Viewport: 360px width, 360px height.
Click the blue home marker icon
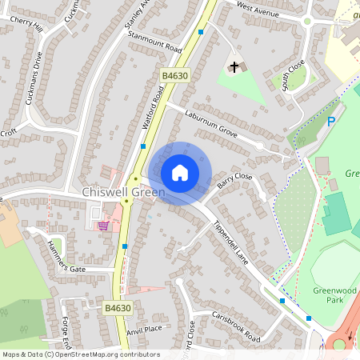[x=180, y=173]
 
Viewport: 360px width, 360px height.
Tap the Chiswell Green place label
[x=123, y=193]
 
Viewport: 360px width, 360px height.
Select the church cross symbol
[x=235, y=67]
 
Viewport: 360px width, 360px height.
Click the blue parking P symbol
[x=330, y=122]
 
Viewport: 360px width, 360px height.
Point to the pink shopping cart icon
[x=103, y=226]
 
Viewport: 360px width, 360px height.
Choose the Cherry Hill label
[x=25, y=25]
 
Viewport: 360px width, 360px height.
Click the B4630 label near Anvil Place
[x=117, y=306]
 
